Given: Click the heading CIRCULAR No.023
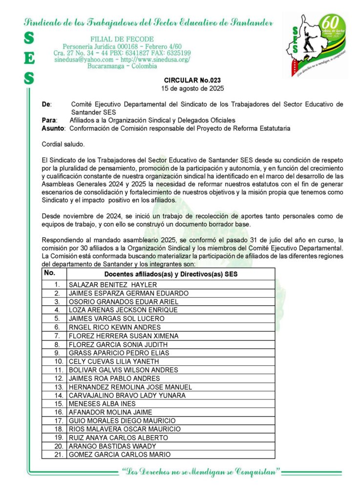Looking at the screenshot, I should coord(192,80).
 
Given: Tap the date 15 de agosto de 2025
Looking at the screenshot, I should coord(192,88).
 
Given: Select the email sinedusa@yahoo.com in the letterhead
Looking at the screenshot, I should coord(84,59).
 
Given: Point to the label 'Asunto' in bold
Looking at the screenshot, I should coord(53,128).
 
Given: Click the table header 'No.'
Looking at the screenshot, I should coord(50,273).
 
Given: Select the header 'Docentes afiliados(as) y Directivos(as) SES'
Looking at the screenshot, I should coord(171,274).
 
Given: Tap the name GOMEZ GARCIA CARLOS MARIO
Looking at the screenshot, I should coord(120,455).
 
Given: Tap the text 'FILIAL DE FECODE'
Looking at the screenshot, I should coord(122,39).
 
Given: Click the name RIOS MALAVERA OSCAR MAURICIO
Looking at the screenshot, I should coord(125,429).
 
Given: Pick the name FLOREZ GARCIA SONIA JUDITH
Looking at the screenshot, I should coord(118,344).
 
